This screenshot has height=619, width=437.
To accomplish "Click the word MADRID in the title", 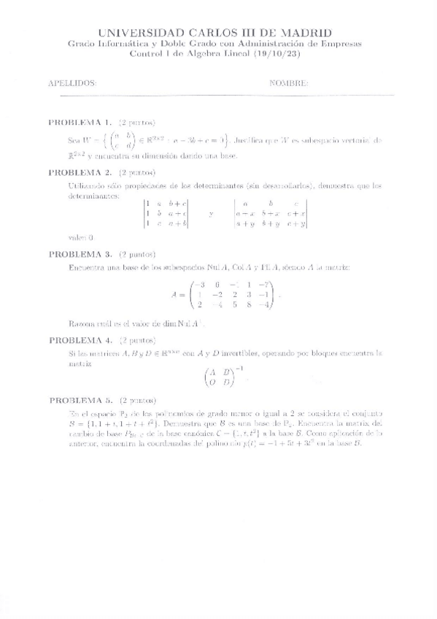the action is point(305,33).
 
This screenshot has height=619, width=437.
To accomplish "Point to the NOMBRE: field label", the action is point(289,83).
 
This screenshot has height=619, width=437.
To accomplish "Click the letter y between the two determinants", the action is point(211,214).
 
